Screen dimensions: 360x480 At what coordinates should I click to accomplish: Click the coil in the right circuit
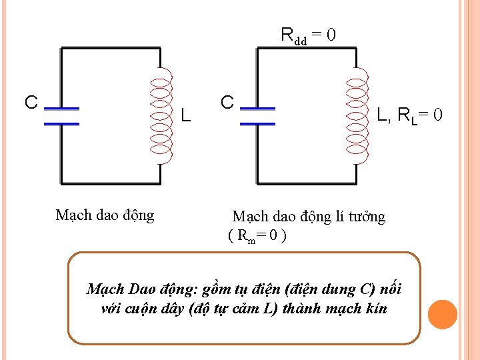[x=357, y=116]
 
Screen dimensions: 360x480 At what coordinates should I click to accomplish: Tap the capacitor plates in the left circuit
[x=61, y=115]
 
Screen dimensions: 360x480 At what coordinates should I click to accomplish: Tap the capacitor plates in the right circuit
[x=257, y=115]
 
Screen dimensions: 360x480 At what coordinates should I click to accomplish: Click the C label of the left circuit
[x=31, y=102]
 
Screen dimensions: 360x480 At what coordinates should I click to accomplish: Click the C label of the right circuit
[x=227, y=102]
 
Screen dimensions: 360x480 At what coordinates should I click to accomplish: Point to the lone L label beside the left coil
[x=186, y=116]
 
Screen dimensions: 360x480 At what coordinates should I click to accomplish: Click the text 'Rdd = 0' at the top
[x=307, y=34]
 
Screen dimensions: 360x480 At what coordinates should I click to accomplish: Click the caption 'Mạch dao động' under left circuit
[x=105, y=215]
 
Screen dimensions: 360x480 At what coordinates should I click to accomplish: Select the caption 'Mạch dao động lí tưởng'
[x=308, y=216]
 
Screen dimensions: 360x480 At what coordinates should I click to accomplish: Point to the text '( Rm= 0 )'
[x=257, y=235]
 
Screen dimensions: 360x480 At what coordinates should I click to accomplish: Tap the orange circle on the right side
[x=442, y=315]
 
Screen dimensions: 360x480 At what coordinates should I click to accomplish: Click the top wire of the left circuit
[x=111, y=48]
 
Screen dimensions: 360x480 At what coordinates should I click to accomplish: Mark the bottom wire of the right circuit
[x=307, y=182]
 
